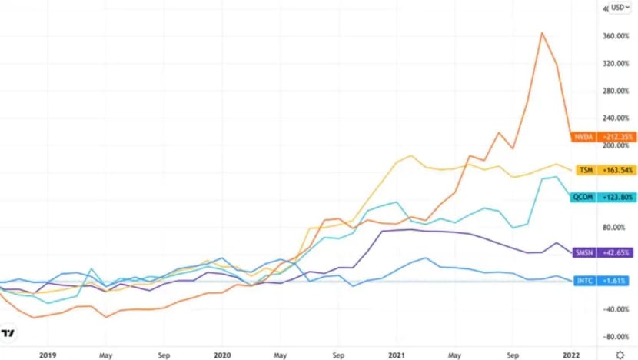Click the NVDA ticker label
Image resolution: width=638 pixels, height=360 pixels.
(583, 137)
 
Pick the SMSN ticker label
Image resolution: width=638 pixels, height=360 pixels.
(583, 252)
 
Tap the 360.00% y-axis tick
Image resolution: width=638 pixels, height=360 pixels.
(617, 36)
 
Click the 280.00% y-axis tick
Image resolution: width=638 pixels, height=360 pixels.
(617, 91)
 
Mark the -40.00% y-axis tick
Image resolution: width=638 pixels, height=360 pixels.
(617, 309)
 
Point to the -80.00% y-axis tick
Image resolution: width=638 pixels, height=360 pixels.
(617, 337)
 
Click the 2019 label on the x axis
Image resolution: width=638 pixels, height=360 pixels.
(47, 355)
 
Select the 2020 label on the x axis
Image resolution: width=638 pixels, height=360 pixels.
(223, 355)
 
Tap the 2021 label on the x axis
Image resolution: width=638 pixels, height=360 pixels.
(398, 355)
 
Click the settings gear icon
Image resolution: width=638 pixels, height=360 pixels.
(620, 355)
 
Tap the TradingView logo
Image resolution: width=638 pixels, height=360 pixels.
(8, 333)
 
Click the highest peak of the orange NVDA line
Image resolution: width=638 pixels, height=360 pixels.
(542, 32)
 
